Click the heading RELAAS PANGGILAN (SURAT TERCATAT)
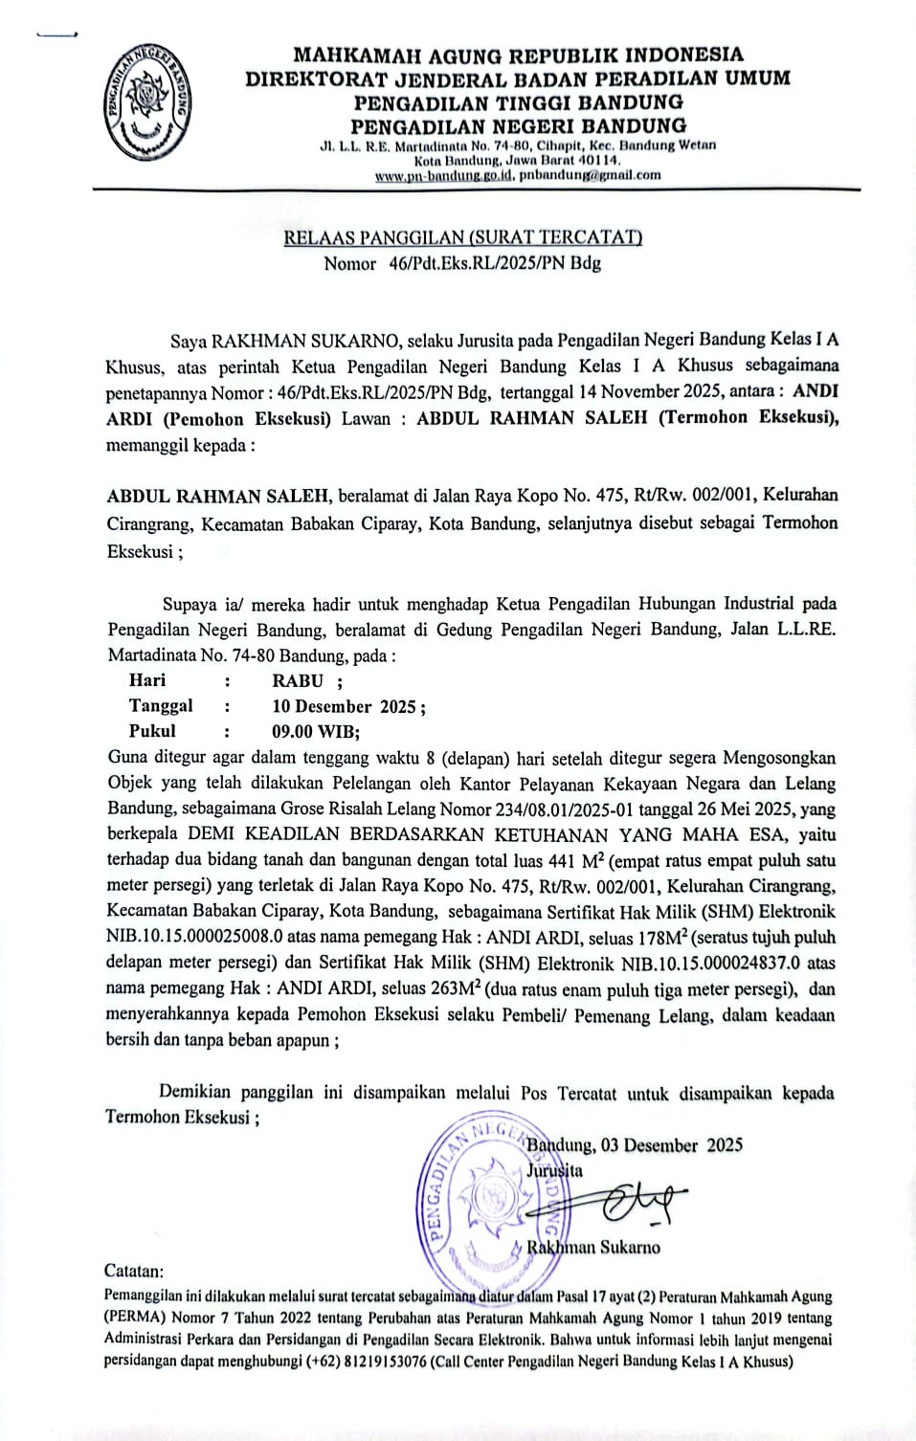coord(462,237)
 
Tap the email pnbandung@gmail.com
coord(590,175)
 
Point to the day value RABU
coord(298,681)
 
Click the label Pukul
coord(152,731)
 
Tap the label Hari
coord(146,680)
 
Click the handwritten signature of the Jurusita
coord(627,1199)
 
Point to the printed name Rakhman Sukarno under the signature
coord(593,1247)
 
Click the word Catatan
coord(133,1272)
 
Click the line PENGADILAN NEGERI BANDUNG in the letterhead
coord(518,126)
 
